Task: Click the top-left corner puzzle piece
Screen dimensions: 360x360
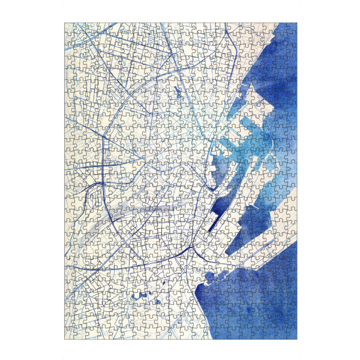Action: (x=68, y=27)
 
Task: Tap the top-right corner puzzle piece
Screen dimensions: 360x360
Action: (x=293, y=27)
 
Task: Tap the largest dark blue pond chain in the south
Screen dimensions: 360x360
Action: (x=142, y=295)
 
